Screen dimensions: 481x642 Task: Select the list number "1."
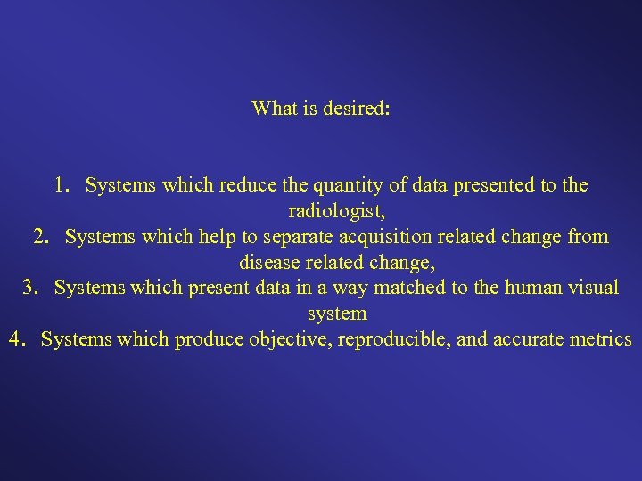point(62,185)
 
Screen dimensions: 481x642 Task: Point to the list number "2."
point(42,237)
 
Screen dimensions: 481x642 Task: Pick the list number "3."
point(31,288)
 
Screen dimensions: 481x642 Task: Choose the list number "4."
point(18,339)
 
